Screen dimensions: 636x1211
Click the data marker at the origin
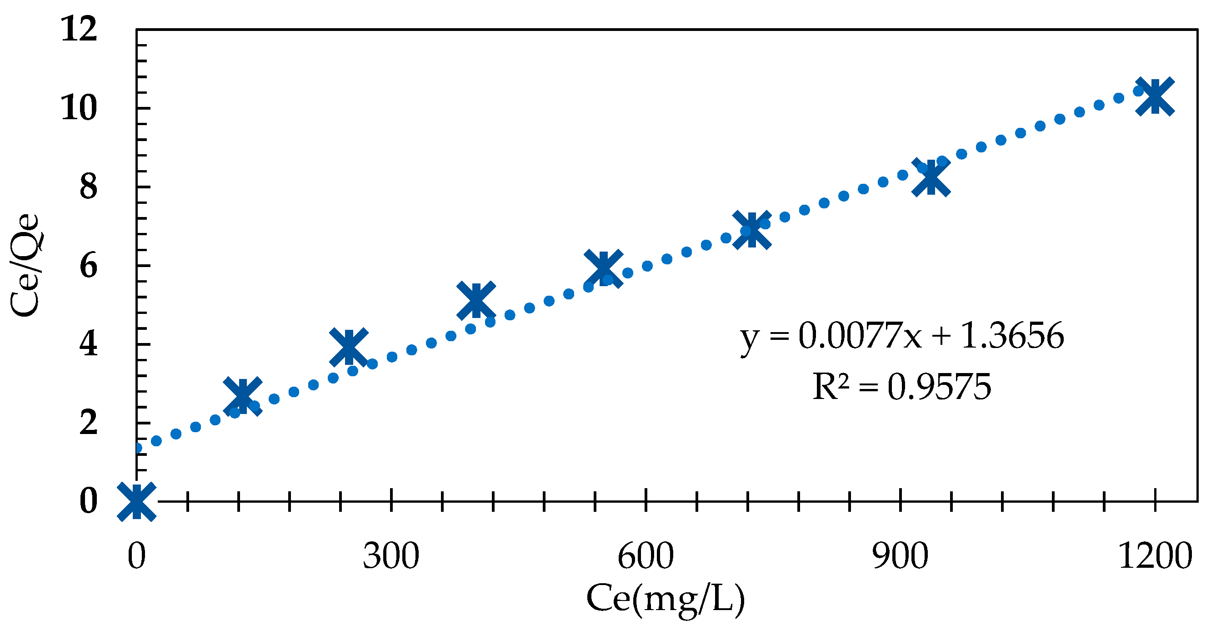(x=136, y=501)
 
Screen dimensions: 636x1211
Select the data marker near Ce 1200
(x=1155, y=96)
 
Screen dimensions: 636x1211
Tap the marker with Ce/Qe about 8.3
(x=931, y=177)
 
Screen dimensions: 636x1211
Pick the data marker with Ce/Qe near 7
(x=751, y=230)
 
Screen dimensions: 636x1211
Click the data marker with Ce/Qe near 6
(x=603, y=268)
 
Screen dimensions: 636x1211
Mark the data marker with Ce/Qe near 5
(x=476, y=300)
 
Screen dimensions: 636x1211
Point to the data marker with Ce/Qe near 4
(x=348, y=347)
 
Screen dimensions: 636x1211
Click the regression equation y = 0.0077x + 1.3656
(x=902, y=336)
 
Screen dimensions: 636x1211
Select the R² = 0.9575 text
(x=902, y=387)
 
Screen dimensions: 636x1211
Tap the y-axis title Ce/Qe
(x=26, y=266)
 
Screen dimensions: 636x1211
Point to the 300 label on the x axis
(x=390, y=556)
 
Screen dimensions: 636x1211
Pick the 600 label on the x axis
(x=646, y=556)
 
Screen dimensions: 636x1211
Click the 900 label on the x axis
(x=900, y=556)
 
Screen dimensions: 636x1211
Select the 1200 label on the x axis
(x=1155, y=556)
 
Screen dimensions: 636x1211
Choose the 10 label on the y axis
(x=79, y=108)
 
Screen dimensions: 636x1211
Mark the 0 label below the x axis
(x=136, y=556)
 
